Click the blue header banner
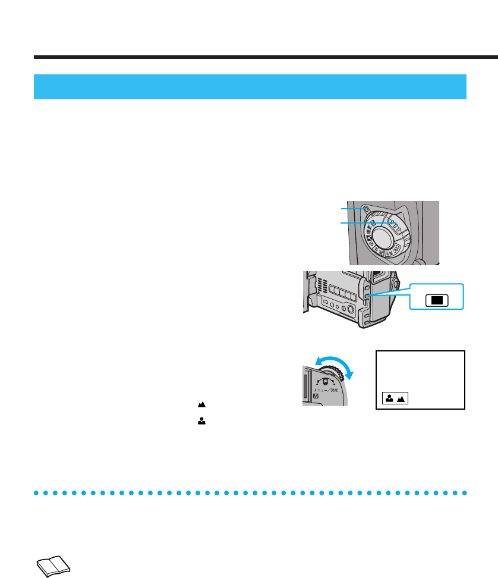click(250, 87)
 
